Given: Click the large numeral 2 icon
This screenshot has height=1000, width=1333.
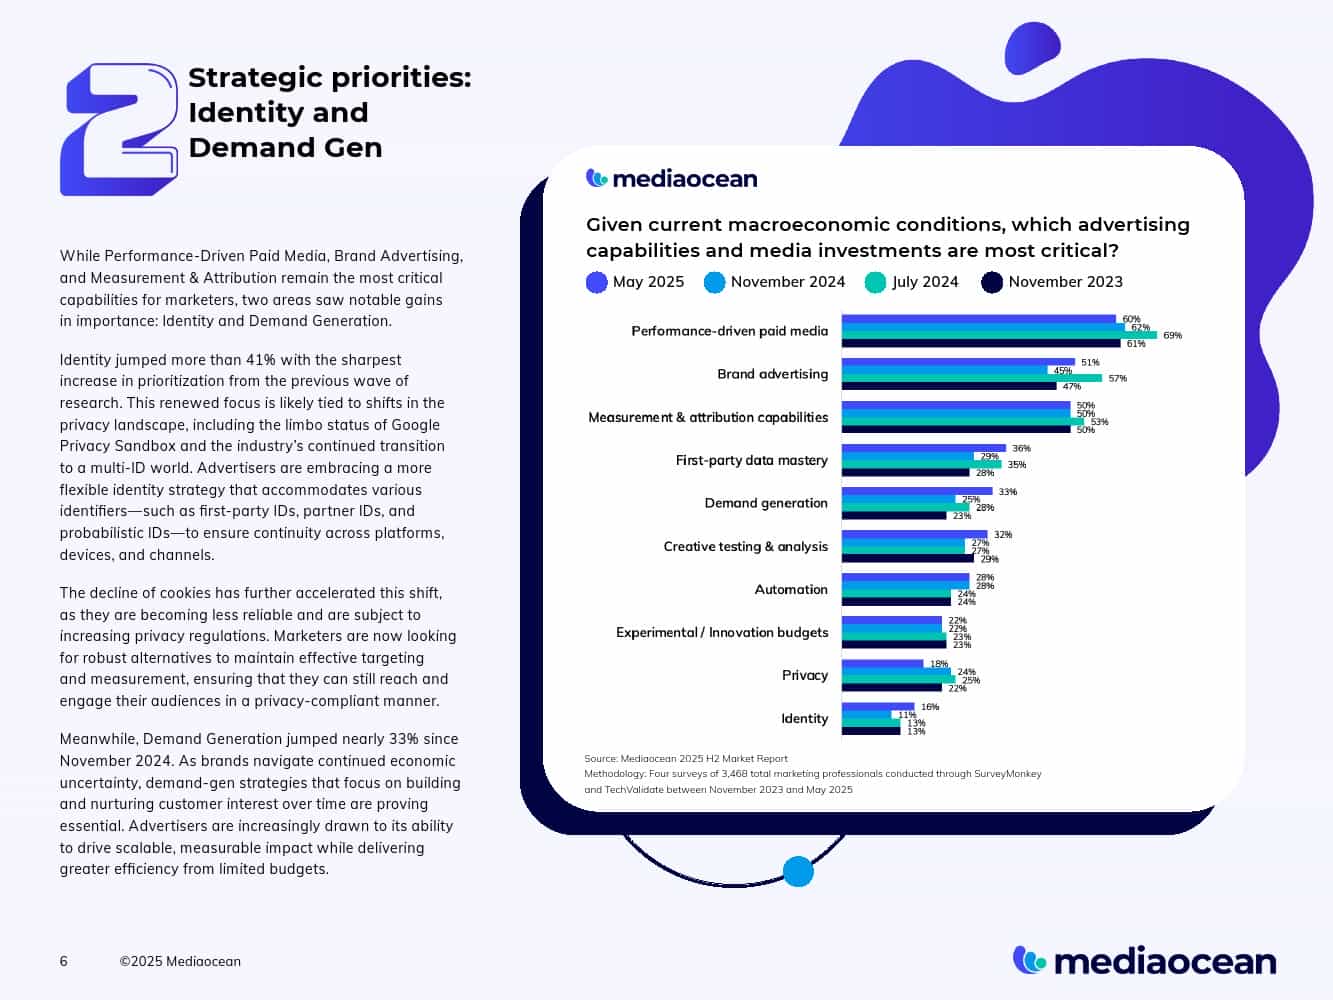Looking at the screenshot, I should click(x=119, y=129).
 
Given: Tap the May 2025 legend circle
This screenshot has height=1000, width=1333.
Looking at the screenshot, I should click(x=597, y=283).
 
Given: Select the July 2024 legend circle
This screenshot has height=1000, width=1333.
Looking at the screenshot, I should click(x=875, y=283).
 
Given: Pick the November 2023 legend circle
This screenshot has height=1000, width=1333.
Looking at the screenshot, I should click(x=992, y=283).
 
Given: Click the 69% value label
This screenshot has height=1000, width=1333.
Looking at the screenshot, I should click(x=1172, y=336).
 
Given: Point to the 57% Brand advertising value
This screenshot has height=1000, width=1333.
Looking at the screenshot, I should click(x=1117, y=379).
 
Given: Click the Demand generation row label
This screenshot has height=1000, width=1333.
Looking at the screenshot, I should click(x=766, y=503).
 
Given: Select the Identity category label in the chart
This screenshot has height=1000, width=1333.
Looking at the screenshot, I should click(x=804, y=718).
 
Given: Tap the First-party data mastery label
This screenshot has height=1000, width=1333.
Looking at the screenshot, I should click(x=751, y=460).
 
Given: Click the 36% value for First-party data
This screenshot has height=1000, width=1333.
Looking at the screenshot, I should click(x=1021, y=449).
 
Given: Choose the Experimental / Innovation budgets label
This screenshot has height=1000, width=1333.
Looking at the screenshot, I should click(x=722, y=632).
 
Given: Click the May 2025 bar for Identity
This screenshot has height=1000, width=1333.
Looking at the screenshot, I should click(x=877, y=707).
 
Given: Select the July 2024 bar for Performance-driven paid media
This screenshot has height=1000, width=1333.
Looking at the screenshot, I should click(x=998, y=335).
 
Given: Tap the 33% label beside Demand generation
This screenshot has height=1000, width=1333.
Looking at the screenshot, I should click(x=1007, y=492).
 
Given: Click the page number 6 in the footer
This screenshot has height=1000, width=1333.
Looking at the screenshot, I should click(x=64, y=962).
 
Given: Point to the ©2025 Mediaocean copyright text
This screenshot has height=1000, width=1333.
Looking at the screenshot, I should click(x=180, y=962).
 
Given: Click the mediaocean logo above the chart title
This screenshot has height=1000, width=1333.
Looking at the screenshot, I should click(x=672, y=179).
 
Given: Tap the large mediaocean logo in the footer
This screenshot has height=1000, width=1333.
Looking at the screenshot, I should click(x=1144, y=961).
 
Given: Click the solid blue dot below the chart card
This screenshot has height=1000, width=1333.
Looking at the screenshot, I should click(x=798, y=872).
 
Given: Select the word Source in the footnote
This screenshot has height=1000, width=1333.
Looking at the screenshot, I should click(x=600, y=759).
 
